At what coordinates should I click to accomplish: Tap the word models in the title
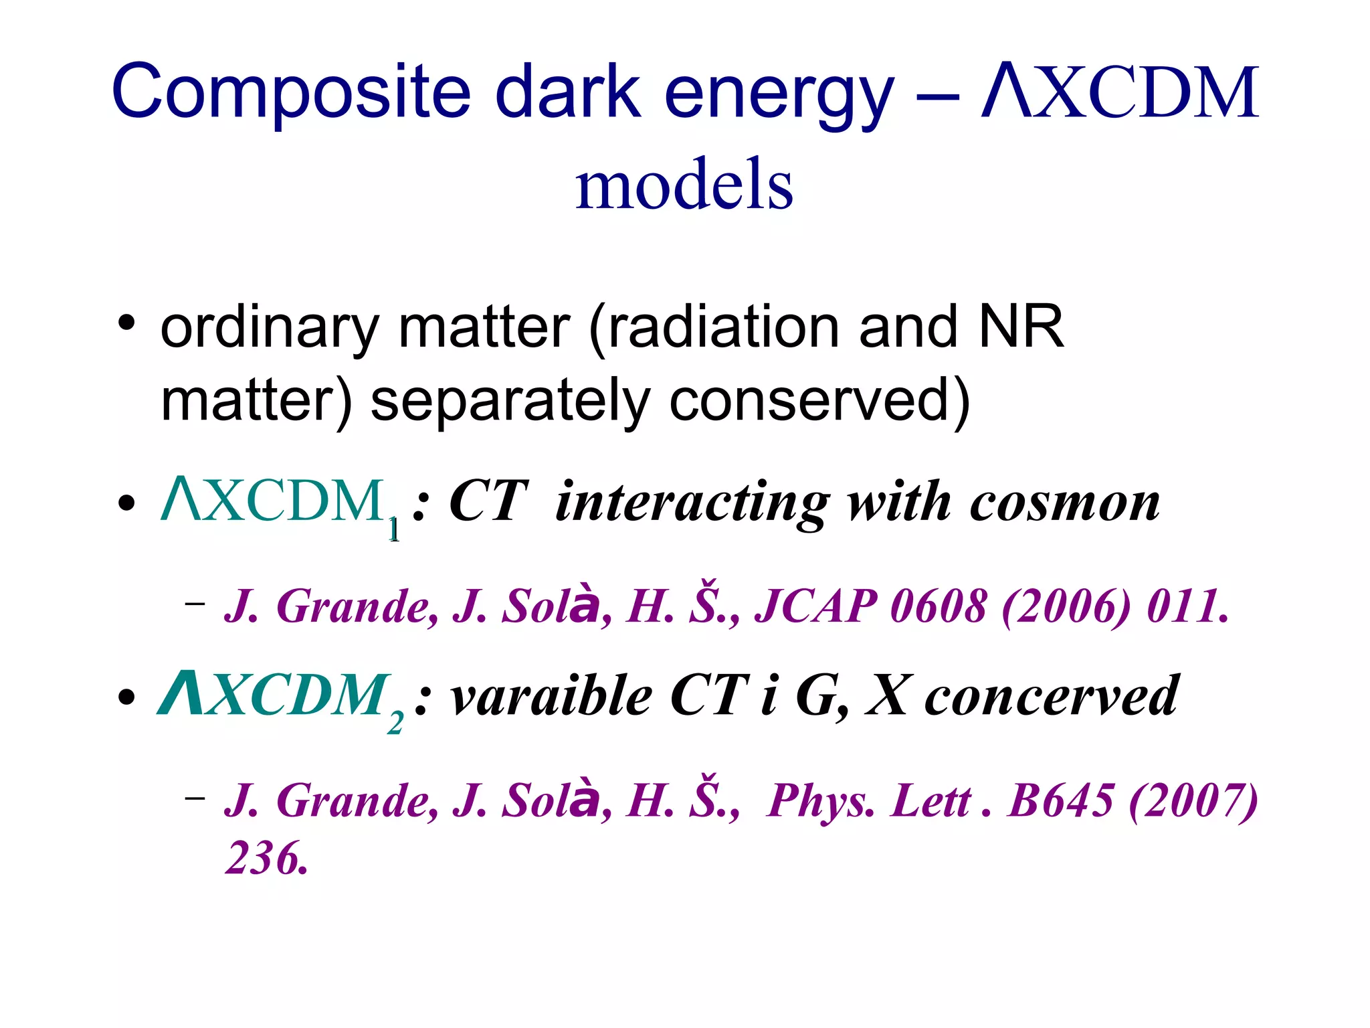tap(684, 184)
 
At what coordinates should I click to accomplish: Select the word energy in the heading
tap(779, 94)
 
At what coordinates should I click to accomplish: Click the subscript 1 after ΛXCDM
tap(394, 530)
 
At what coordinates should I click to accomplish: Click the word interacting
tap(692, 503)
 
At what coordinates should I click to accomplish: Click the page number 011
tap(1188, 606)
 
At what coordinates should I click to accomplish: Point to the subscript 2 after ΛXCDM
tap(395, 723)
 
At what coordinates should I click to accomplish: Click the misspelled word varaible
tap(552, 696)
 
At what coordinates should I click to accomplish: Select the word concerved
tap(1052, 696)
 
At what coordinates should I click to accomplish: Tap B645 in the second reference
tap(1061, 800)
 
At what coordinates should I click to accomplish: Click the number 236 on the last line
tap(266, 858)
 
